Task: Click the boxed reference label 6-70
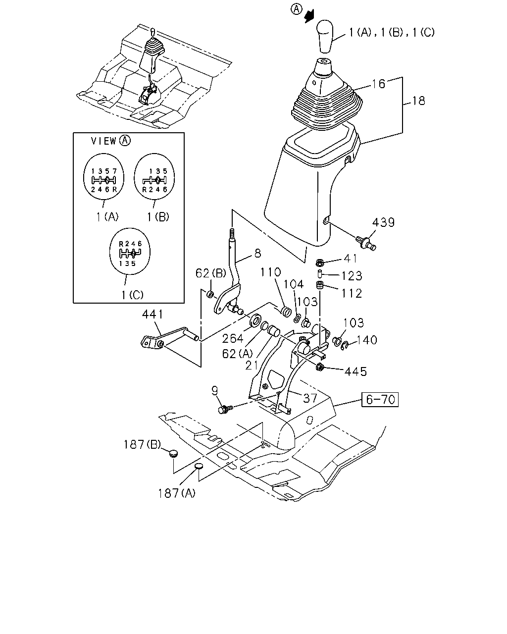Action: coord(380,400)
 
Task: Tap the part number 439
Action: coord(383,222)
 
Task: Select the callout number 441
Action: coord(152,315)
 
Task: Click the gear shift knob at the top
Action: coord(325,36)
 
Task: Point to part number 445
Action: coord(355,372)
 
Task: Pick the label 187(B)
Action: coord(142,445)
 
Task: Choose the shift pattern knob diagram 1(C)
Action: coord(130,251)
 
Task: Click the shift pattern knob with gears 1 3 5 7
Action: coord(103,177)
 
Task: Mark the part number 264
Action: coord(233,338)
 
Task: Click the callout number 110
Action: coord(270,272)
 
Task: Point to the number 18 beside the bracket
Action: coord(418,101)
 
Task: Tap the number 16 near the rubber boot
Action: coord(378,84)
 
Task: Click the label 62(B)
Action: coord(210,273)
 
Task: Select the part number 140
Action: coord(366,340)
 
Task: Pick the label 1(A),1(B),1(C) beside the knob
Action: coord(392,32)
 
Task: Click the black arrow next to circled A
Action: coord(309,16)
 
